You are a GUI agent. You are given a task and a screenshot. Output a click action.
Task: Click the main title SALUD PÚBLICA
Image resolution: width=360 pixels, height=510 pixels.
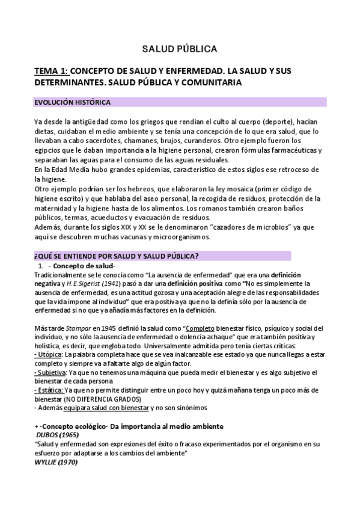[179, 48]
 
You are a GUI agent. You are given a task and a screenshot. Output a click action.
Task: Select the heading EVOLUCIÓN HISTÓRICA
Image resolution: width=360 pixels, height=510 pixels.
[72, 102]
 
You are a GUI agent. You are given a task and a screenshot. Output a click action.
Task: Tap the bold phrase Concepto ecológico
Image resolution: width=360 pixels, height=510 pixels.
[69, 426]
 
